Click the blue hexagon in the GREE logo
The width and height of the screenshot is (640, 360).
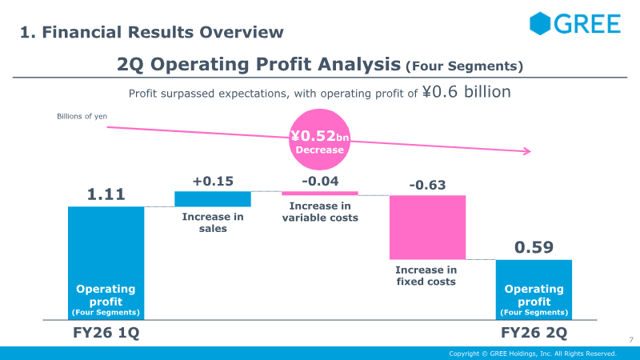tap(540, 23)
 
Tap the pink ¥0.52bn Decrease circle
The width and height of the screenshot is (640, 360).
tap(319, 139)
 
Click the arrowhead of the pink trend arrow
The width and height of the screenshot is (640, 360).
tap(527, 151)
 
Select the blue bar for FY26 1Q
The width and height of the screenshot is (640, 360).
tap(106, 263)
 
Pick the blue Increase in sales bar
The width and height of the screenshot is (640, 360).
tap(213, 198)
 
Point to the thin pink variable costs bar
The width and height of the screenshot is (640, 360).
tap(320, 193)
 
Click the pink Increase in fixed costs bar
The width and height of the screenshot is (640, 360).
tap(427, 227)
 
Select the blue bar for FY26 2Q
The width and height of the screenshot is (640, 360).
tap(534, 290)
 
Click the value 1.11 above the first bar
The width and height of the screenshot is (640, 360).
tap(106, 194)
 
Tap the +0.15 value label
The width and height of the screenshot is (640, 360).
tap(213, 181)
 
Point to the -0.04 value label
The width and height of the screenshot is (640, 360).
tap(321, 181)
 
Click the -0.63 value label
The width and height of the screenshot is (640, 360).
tap(427, 185)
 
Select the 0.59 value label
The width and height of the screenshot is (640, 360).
tap(534, 247)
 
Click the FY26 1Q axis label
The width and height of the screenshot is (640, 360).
tap(106, 333)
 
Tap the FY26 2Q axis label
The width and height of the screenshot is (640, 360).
tap(534, 333)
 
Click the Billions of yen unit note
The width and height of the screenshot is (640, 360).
tap(82, 116)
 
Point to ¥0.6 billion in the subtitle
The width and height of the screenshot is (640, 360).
tap(466, 92)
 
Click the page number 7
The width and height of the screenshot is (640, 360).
tap(631, 339)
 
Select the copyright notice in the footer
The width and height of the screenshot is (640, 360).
tap(533, 354)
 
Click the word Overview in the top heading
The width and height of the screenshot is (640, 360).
tap(242, 32)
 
